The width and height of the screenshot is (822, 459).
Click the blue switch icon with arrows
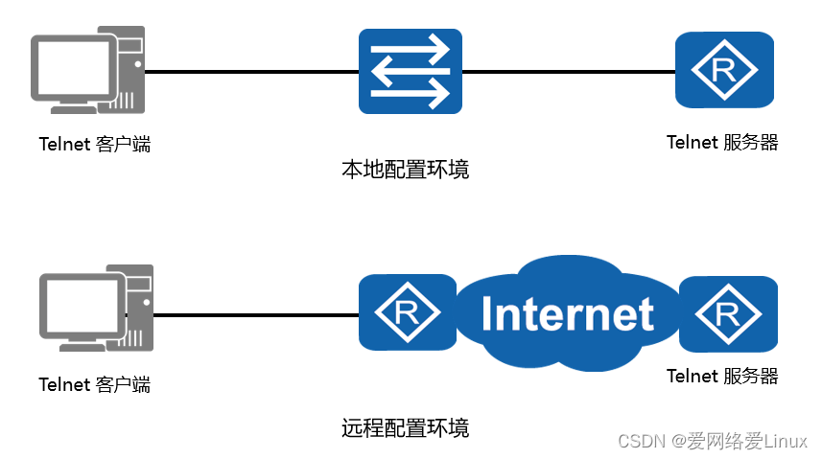point(411,71)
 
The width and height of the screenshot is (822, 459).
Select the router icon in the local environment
point(724,70)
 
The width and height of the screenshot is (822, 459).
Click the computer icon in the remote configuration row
point(96,311)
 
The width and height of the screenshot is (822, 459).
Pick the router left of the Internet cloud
point(407,312)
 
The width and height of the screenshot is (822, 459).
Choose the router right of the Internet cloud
point(728,312)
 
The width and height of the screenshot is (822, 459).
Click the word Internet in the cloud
point(568,314)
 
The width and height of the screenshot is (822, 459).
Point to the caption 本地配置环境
point(406,171)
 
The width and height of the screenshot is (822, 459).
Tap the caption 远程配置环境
point(406,427)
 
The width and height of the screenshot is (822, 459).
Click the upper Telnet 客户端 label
point(94,145)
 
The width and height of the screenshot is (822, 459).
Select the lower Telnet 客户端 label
point(94,384)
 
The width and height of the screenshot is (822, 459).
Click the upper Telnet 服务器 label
point(722,143)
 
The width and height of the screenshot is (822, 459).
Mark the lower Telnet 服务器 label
point(722,376)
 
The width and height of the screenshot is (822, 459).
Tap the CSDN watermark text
point(712,441)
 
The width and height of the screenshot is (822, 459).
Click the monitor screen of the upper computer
point(73,64)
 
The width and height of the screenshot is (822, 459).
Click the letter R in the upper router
point(724,70)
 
